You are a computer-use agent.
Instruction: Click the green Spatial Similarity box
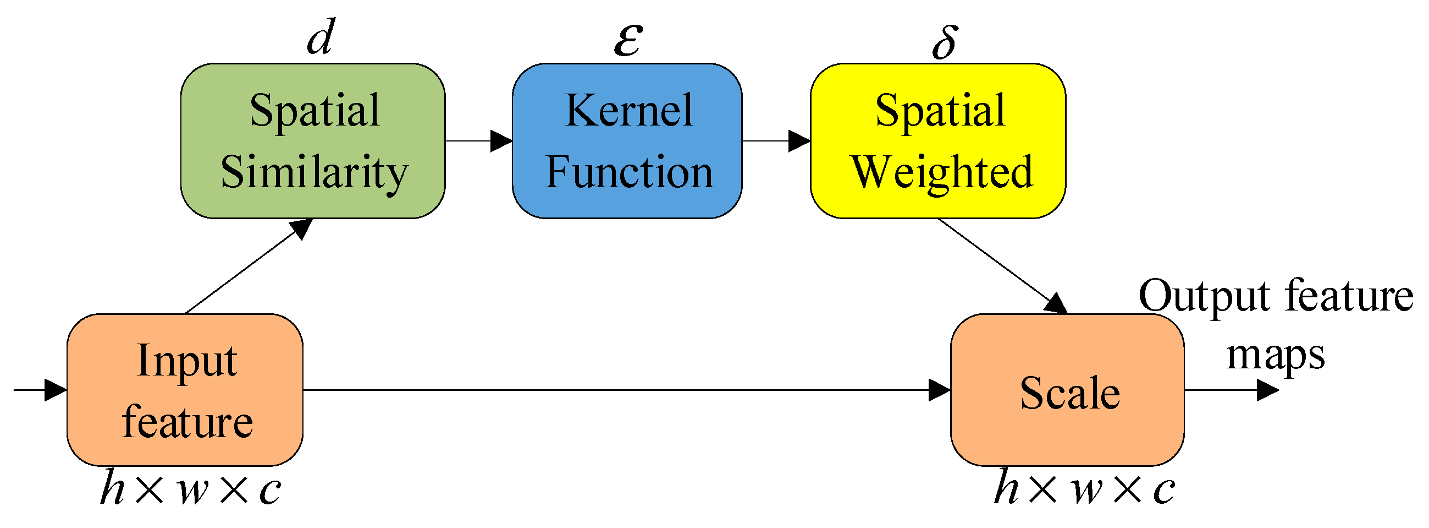click(313, 141)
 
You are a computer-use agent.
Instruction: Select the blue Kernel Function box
click(627, 141)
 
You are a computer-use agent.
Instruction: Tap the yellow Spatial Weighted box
click(937, 141)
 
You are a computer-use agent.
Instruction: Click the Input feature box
click(185, 390)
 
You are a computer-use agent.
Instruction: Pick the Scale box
click(1067, 390)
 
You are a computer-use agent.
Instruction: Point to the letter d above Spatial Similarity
click(321, 38)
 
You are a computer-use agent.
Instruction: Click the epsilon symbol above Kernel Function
click(628, 40)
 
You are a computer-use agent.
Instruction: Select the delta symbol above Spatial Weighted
click(945, 42)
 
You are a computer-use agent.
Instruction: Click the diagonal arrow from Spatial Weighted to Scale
click(1001, 265)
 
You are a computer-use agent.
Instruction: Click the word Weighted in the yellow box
click(942, 172)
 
